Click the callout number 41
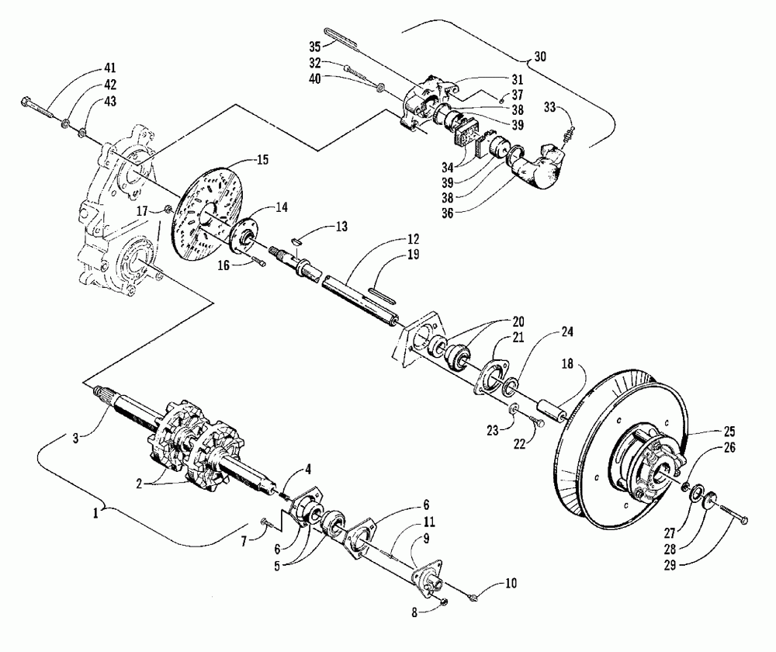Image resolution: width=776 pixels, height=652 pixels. [110, 68]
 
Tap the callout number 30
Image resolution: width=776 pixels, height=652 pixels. [540, 57]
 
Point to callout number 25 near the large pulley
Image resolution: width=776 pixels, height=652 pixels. [729, 432]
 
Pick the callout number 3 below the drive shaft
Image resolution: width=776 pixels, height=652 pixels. [76, 438]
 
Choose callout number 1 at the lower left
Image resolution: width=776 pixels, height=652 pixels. [95, 512]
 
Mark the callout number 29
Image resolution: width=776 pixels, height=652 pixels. [670, 565]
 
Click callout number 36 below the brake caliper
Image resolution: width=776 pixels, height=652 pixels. [448, 213]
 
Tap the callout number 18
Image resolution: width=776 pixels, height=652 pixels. [567, 364]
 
